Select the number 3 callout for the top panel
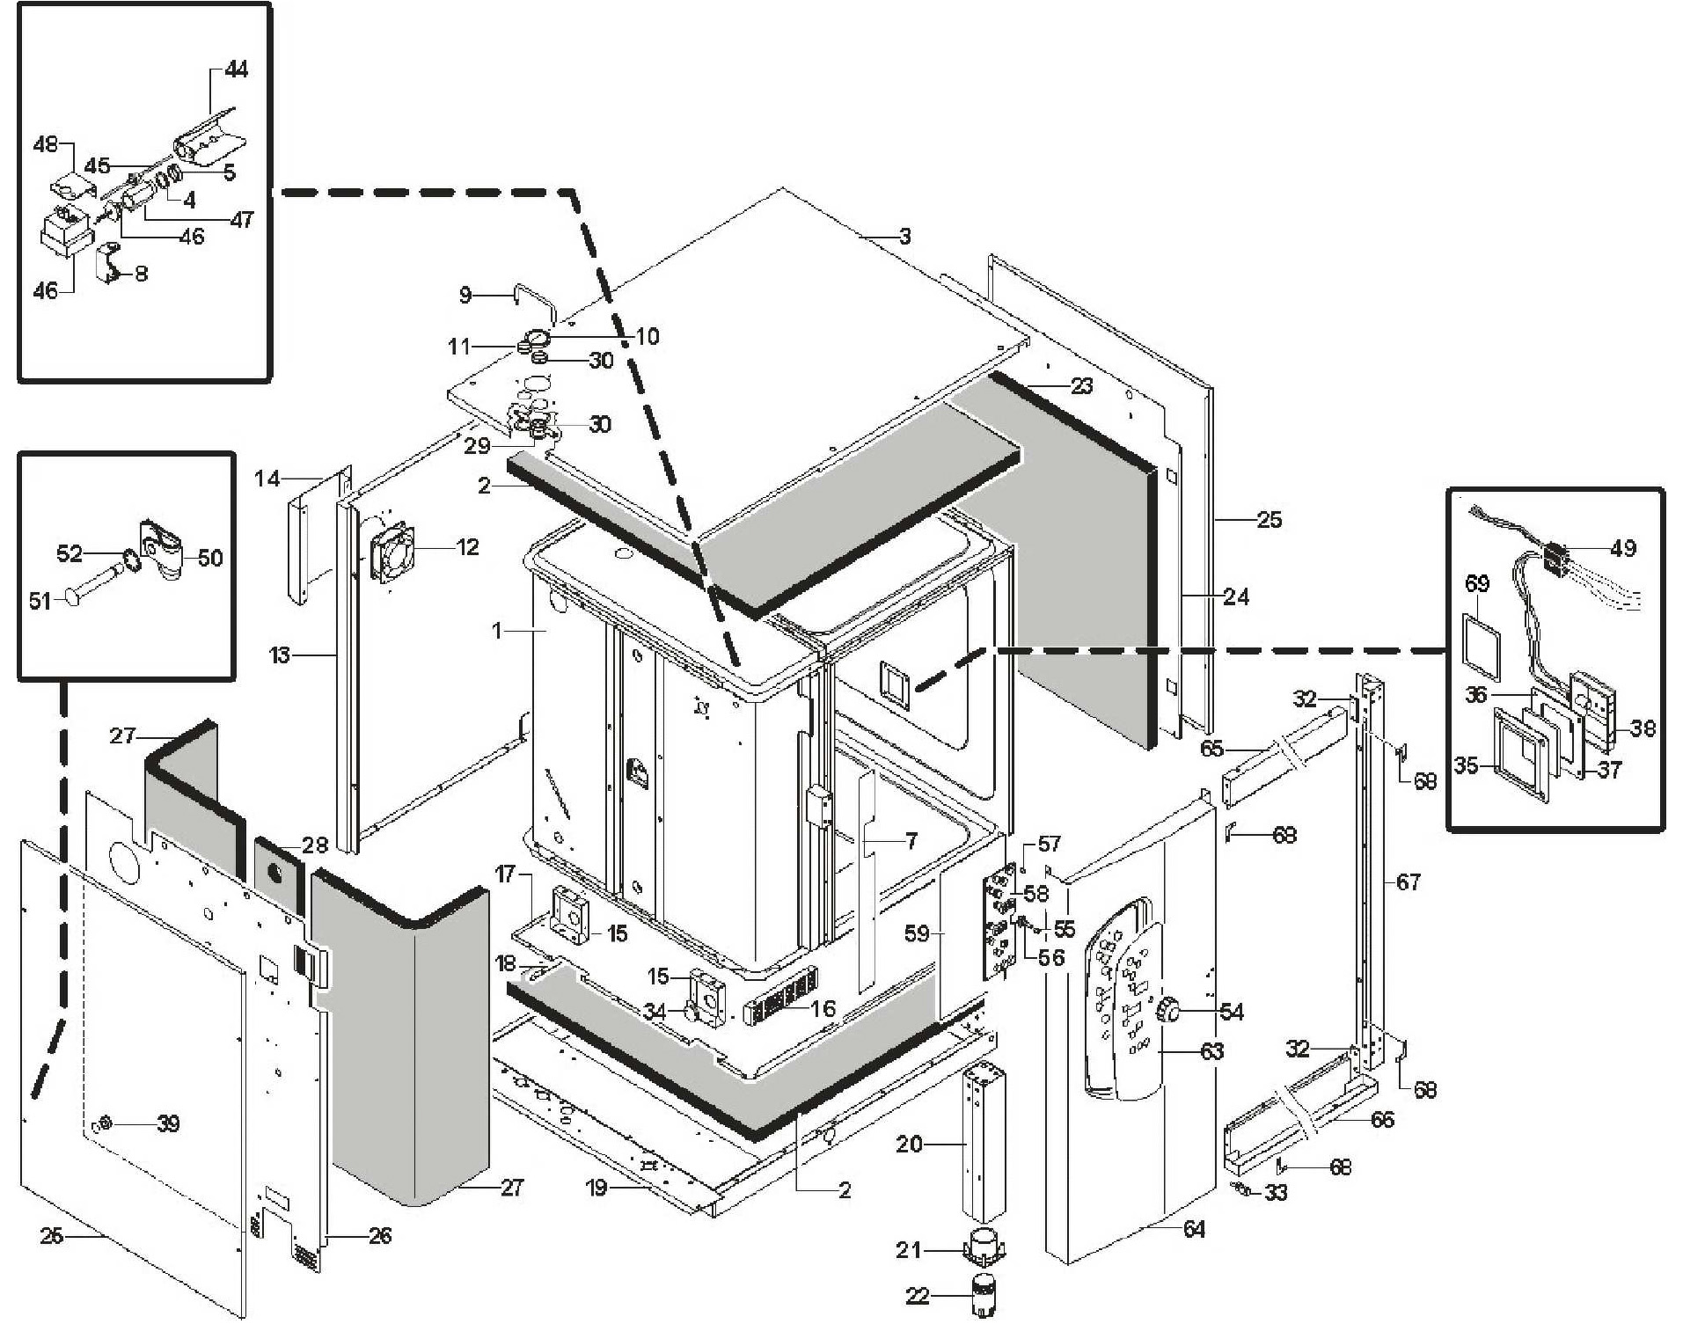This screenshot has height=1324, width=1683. (904, 236)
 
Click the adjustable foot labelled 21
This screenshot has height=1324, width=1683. (984, 1246)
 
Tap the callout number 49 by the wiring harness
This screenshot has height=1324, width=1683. (1622, 548)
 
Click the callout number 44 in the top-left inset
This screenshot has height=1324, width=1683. (236, 69)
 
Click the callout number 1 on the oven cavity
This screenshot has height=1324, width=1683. (497, 631)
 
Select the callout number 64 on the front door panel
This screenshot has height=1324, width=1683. (1193, 1229)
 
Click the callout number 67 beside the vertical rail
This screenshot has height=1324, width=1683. (1408, 881)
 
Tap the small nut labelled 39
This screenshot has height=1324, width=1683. (104, 1123)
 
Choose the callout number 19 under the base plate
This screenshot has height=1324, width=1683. (596, 1188)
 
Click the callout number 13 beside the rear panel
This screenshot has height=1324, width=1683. (279, 655)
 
